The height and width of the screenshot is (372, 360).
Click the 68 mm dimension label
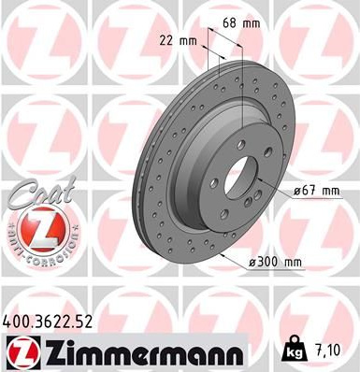tap(241, 23)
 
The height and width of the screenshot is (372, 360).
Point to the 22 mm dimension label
tap(178, 41)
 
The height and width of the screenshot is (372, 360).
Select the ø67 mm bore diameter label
tap(316, 191)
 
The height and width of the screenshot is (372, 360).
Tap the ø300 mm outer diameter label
tap(275, 263)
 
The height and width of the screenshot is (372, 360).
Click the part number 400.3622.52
tap(48, 322)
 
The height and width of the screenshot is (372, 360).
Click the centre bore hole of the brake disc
tap(241, 179)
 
